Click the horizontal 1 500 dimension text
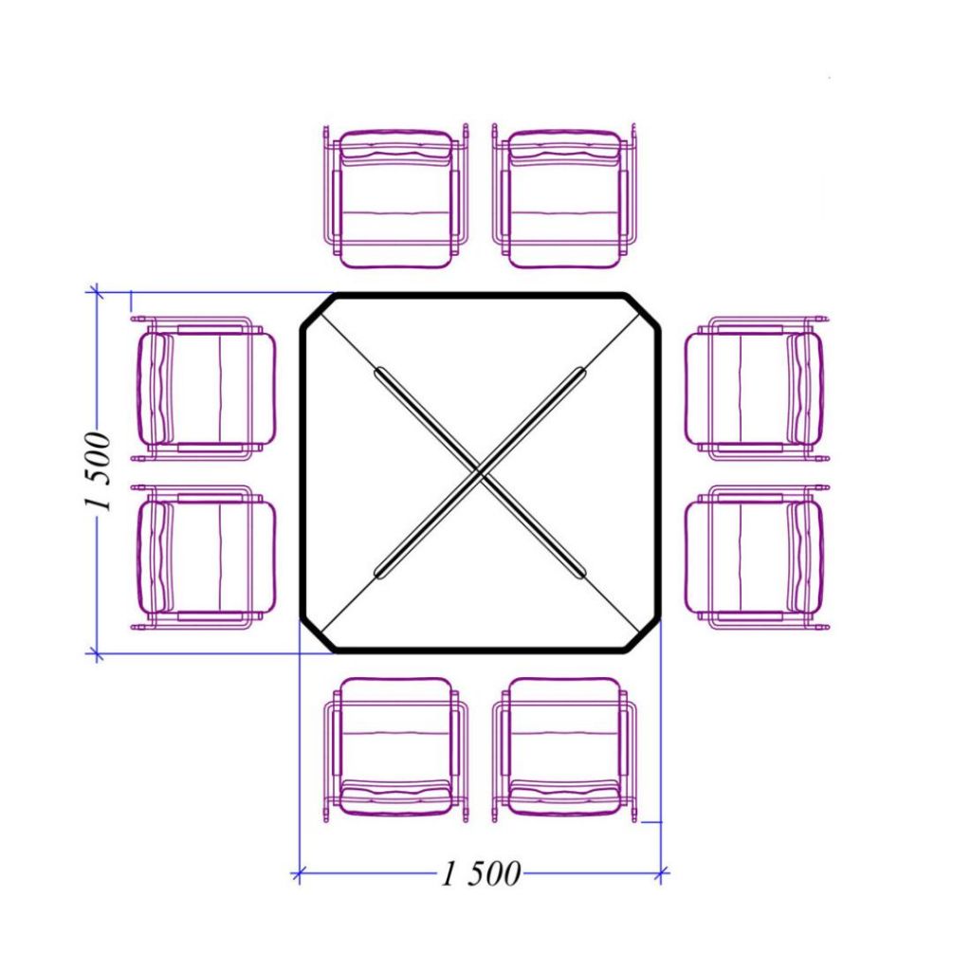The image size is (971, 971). (x=481, y=873)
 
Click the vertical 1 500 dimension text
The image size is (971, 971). (x=99, y=471)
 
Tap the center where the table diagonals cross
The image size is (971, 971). (x=481, y=472)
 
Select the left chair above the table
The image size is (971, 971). (x=396, y=197)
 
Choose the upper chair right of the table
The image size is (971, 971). (x=758, y=388)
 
